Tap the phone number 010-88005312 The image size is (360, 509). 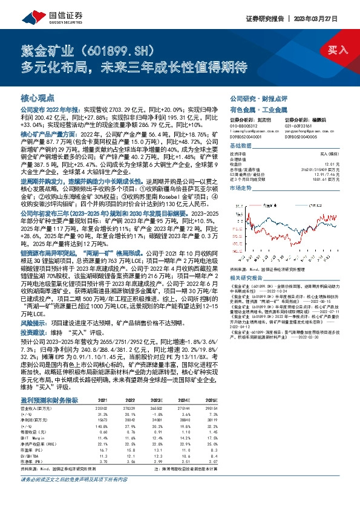(245, 126)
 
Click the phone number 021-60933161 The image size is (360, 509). (300, 126)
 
